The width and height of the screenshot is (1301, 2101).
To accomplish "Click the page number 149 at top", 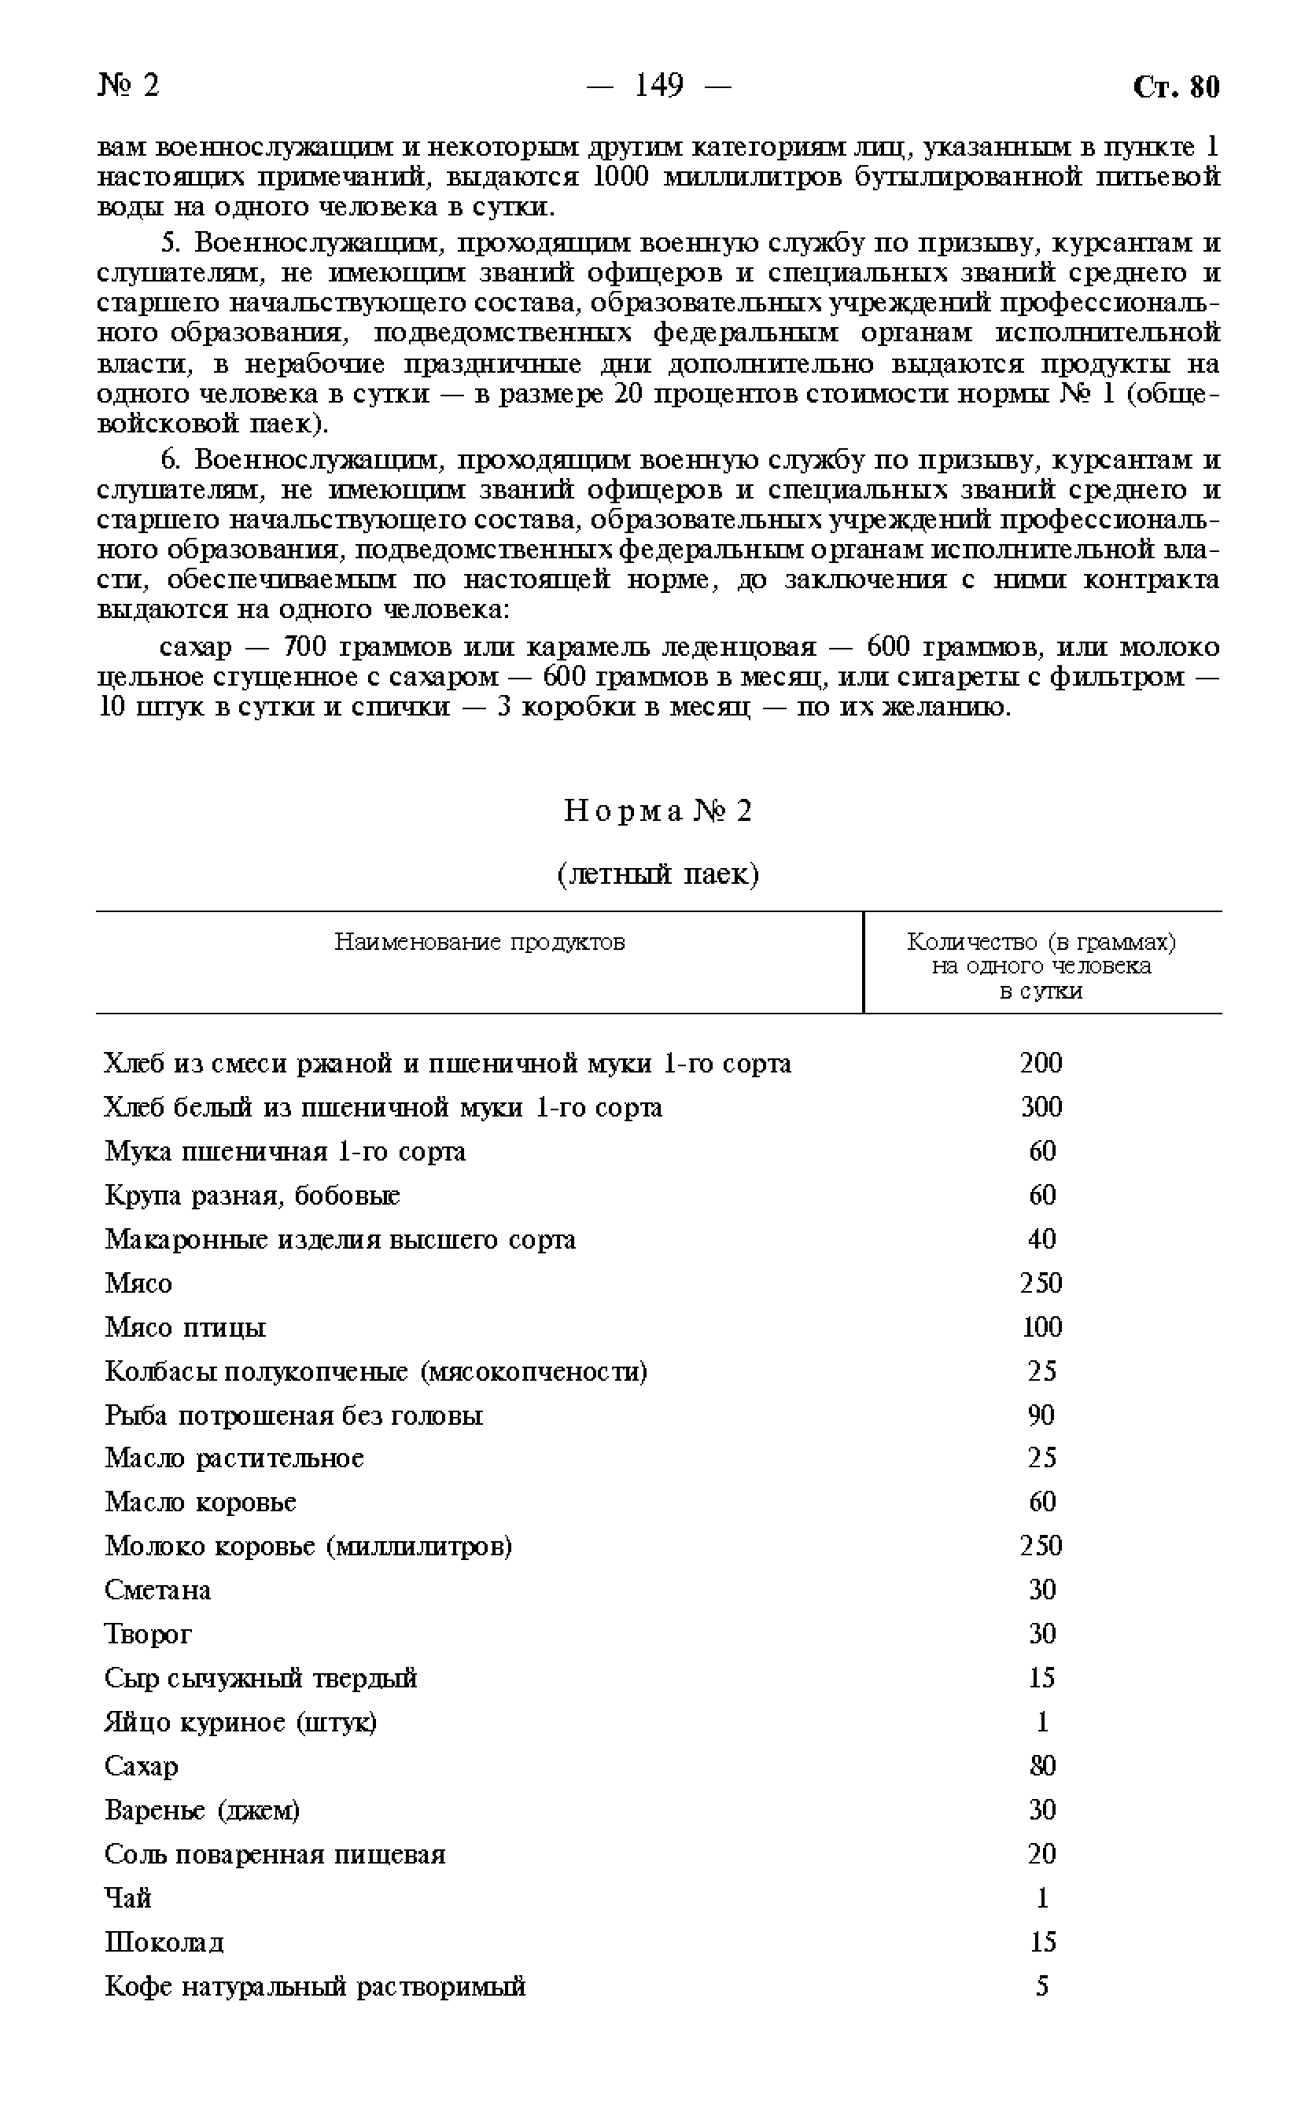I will (658, 85).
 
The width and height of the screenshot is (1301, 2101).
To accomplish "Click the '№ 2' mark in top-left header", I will (128, 85).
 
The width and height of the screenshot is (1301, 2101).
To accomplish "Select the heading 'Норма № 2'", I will (658, 810).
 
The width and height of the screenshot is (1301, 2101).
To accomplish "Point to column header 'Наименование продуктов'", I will (479, 942).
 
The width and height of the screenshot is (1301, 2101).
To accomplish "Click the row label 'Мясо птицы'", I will (185, 1327).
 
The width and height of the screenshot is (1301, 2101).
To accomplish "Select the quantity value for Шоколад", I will (1042, 1942).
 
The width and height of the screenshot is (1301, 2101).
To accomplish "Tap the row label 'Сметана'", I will (157, 1589).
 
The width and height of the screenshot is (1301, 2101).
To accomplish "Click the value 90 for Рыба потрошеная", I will (1041, 1415).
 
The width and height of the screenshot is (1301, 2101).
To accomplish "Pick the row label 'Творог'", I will (148, 1633).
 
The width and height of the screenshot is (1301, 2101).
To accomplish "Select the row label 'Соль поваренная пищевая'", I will (275, 1854).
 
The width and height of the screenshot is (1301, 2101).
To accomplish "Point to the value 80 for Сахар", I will (1042, 1765).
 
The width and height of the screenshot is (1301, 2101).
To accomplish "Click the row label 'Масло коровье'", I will (201, 1502).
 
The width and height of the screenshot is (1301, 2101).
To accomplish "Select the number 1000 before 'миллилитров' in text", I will (620, 177).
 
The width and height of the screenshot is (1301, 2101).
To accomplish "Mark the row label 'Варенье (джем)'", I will (202, 1810).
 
